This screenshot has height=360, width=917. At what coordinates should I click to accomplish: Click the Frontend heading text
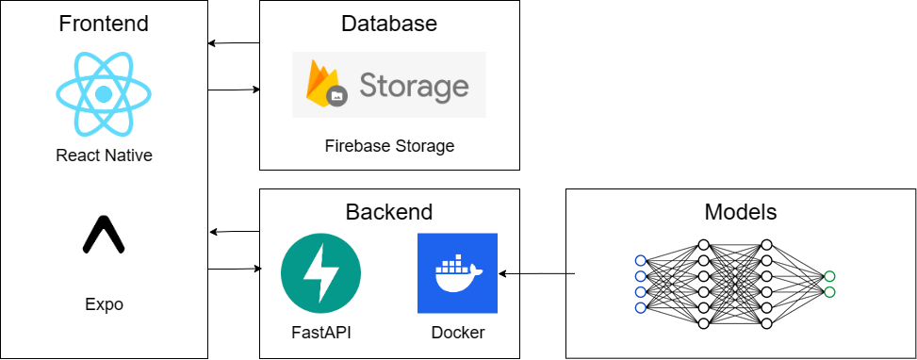(x=104, y=24)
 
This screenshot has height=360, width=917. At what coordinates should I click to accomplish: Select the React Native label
(x=104, y=155)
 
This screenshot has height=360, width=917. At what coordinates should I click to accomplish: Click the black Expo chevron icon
(x=104, y=236)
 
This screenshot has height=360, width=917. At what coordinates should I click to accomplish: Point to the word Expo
(x=104, y=304)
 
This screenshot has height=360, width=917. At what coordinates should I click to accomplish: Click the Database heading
(x=388, y=24)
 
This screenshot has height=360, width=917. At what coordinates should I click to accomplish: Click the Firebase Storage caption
(x=388, y=146)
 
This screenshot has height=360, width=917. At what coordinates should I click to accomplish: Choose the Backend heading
(x=388, y=211)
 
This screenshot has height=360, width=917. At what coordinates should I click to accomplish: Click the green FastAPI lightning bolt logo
(x=321, y=273)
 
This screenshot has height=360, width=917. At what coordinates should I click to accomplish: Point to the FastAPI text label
(x=321, y=333)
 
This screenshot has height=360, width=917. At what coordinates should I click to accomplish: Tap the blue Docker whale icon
(x=457, y=273)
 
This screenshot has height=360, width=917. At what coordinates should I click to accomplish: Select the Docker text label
(x=457, y=333)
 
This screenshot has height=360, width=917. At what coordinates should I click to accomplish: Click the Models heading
(x=740, y=211)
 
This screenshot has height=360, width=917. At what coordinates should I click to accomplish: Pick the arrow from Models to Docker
(x=537, y=273)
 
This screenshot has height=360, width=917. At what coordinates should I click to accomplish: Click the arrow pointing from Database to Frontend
(x=234, y=43)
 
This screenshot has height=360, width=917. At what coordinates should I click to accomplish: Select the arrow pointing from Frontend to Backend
(x=234, y=270)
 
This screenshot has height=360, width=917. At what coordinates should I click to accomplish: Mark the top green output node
(x=828, y=276)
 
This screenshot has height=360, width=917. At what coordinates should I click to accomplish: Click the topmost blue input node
(x=641, y=260)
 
